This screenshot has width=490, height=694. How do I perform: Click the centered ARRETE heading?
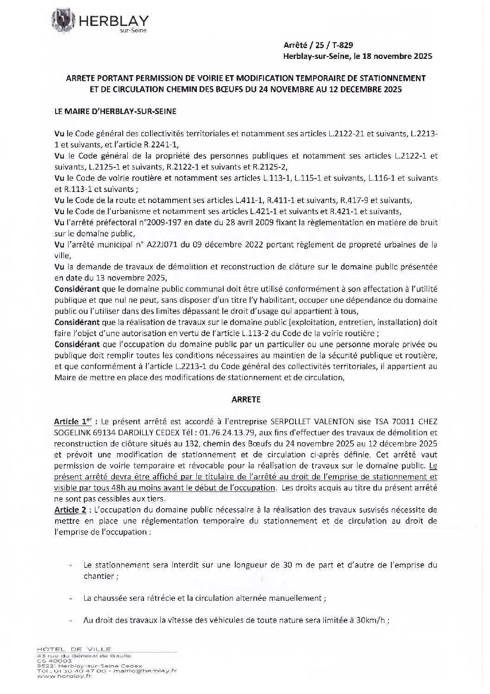pyautogui.click(x=246, y=399)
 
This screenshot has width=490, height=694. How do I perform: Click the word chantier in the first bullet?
pyautogui.click(x=99, y=576)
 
